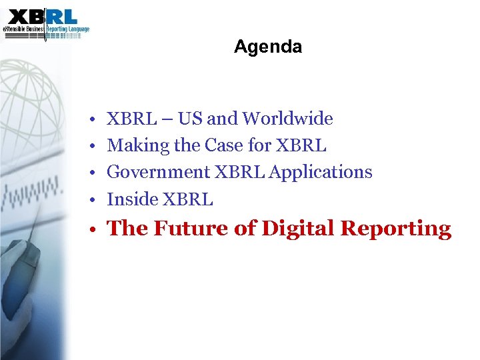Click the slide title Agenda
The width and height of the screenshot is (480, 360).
(x=268, y=47)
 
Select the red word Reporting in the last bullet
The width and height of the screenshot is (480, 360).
(x=395, y=229)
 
